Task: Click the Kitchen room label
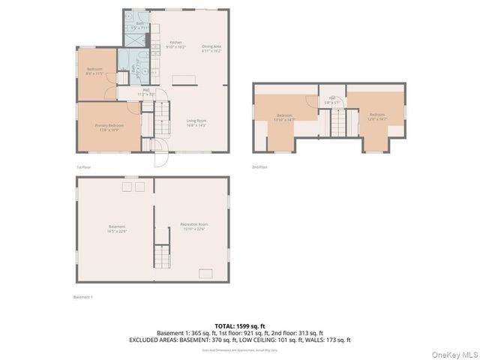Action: coord(175,45)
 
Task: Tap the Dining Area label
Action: coord(211,49)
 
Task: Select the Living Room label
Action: coord(196,122)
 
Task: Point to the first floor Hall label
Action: coord(146,93)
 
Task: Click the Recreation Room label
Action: coord(193,226)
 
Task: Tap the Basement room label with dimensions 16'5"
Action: coord(116,228)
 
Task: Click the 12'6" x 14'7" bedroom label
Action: coord(376,116)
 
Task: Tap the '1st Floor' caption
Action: coord(83,167)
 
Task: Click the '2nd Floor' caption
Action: coord(259,167)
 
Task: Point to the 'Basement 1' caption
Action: coord(82,298)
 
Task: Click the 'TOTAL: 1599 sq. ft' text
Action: coord(240,326)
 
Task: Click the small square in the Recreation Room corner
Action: coord(205,273)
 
